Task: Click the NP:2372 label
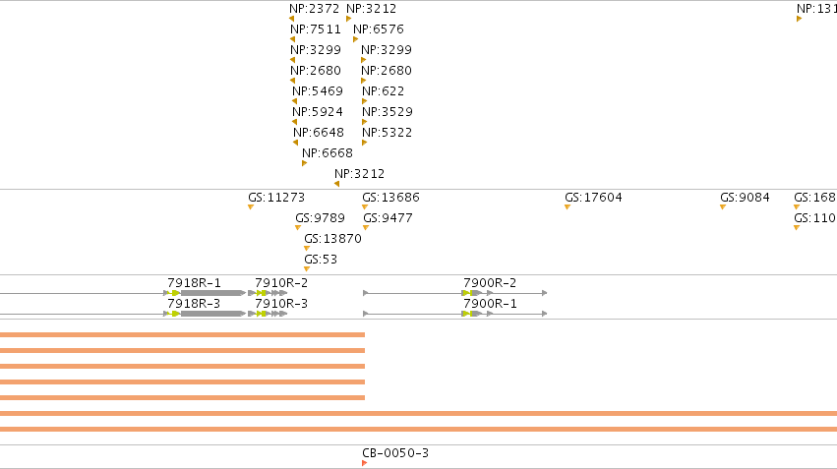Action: [x=314, y=9]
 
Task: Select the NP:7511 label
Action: [x=316, y=29]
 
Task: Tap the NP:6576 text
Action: [x=379, y=29]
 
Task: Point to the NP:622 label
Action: [x=383, y=91]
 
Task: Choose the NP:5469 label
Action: [x=317, y=91]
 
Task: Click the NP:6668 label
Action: [x=328, y=153]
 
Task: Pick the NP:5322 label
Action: [x=387, y=133]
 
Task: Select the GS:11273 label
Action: [x=276, y=198]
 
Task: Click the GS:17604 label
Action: [x=594, y=198]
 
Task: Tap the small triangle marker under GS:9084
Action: [x=723, y=207]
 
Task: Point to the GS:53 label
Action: [x=321, y=260]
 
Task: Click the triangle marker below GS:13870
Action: [x=307, y=248]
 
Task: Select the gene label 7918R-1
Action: [x=194, y=283]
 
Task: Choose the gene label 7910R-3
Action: [x=281, y=304]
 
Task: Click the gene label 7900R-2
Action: [x=490, y=283]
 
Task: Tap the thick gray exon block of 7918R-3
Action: [x=211, y=314]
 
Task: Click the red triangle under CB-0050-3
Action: [x=365, y=463]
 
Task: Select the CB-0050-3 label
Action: [x=395, y=453]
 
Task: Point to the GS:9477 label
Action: [x=388, y=218]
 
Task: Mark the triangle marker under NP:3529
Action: [x=365, y=122]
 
